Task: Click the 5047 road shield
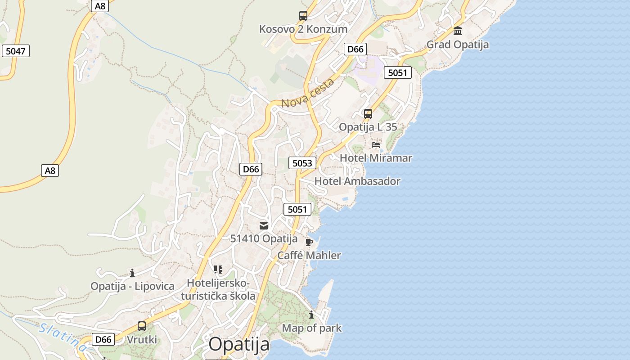pyautogui.click(x=16, y=51)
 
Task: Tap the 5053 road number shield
pyautogui.click(x=302, y=163)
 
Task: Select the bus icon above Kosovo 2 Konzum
pyautogui.click(x=303, y=16)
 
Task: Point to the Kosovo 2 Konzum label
pyautogui.click(x=303, y=29)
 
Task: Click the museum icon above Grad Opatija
pyautogui.click(x=458, y=31)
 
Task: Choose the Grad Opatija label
pyautogui.click(x=458, y=45)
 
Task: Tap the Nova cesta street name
pyautogui.click(x=308, y=93)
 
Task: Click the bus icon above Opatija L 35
pyautogui.click(x=368, y=113)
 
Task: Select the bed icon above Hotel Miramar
pyautogui.click(x=376, y=145)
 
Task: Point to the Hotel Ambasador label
pyautogui.click(x=357, y=181)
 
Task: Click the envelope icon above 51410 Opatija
pyautogui.click(x=264, y=226)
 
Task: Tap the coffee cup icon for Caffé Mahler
pyautogui.click(x=309, y=243)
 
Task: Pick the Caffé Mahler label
pyautogui.click(x=309, y=256)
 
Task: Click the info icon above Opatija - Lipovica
pyautogui.click(x=132, y=273)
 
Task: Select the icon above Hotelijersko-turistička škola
pyautogui.click(x=218, y=270)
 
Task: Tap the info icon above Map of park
pyautogui.click(x=311, y=315)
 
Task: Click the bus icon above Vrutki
pyautogui.click(x=142, y=326)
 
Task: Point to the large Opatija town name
pyautogui.click(x=239, y=345)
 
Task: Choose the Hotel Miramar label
pyautogui.click(x=376, y=158)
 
